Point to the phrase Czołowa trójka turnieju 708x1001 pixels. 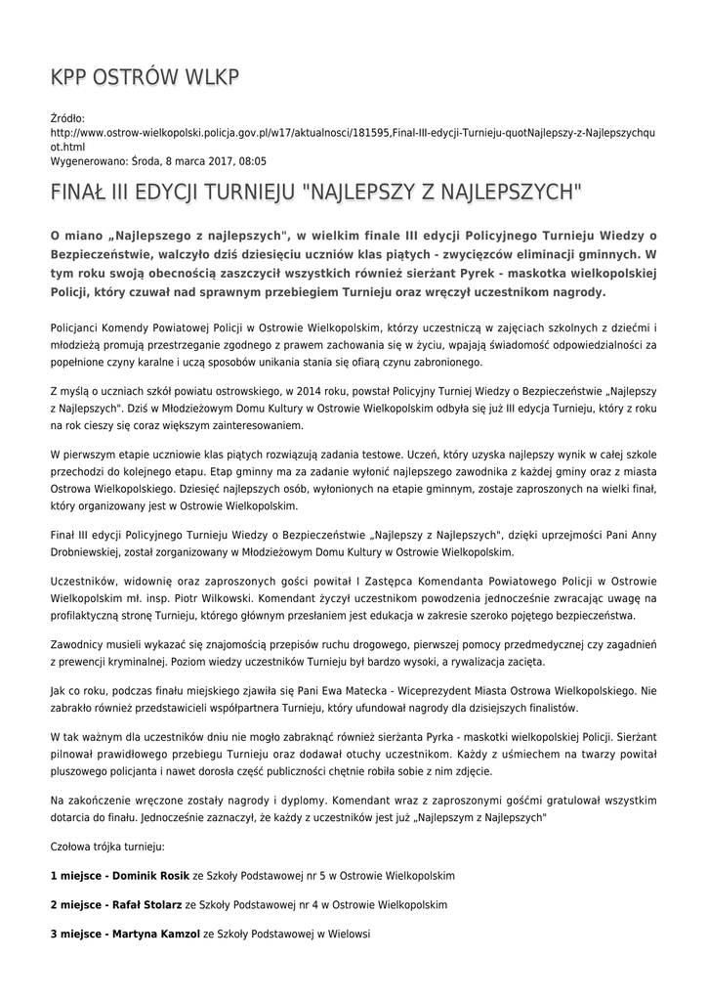[x=107, y=844]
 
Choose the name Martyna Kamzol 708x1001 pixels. [x=155, y=934]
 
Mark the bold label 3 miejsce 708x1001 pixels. [x=75, y=934]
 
